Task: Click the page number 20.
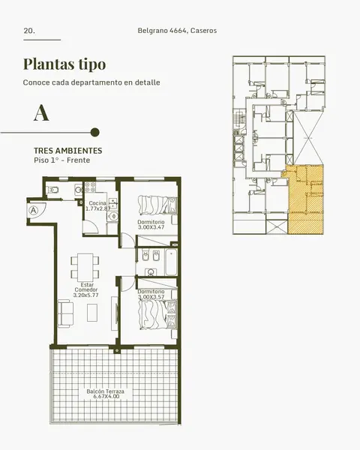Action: [29, 31]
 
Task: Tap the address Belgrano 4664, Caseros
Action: [177, 31]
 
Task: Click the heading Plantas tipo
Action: [64, 64]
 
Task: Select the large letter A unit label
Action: [41, 112]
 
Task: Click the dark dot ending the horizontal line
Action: [95, 132]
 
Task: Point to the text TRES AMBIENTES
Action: [68, 151]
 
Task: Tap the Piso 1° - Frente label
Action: [62, 160]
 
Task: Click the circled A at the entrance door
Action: [34, 210]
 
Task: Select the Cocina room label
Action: [97, 203]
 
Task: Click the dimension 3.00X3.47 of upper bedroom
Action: [151, 227]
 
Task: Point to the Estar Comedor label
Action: [86, 287]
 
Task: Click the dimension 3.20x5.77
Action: [85, 295]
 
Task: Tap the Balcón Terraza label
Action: [105, 391]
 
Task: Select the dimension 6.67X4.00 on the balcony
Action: [106, 397]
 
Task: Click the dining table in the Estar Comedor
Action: [85, 268]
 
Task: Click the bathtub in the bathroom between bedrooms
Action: [171, 262]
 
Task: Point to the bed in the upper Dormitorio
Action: [157, 205]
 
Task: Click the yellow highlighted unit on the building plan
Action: [305, 199]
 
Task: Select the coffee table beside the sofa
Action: [92, 313]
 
